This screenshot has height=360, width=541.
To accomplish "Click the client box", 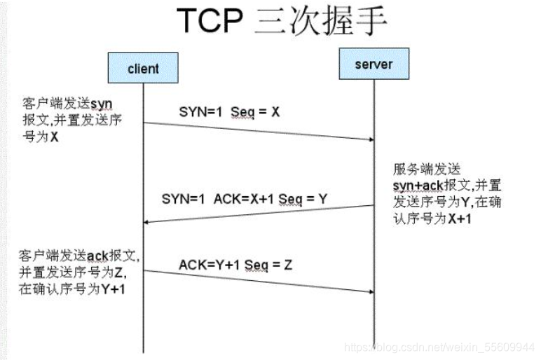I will [143, 68].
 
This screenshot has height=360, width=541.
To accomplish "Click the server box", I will [374, 64].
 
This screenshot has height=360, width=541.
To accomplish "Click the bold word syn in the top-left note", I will [102, 104].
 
